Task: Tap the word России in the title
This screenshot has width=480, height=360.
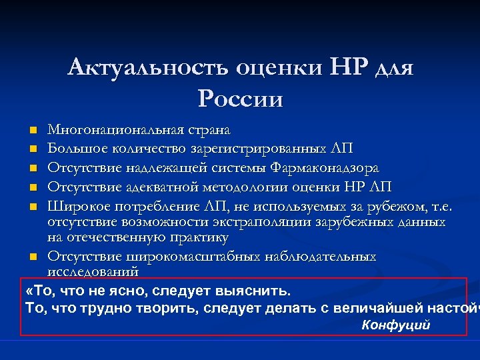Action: pyautogui.click(x=240, y=99)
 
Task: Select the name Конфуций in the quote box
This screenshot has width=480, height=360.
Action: pyautogui.click(x=396, y=325)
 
